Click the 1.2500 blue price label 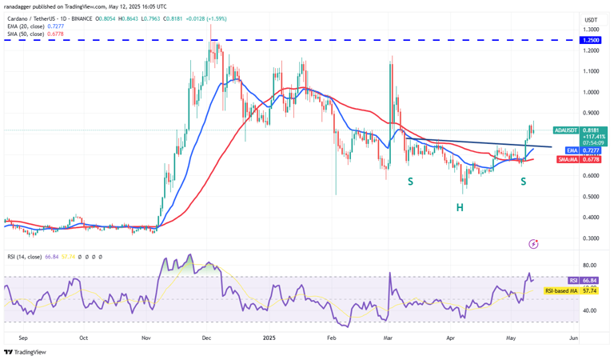[x=592, y=39]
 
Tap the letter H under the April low [x=460, y=207]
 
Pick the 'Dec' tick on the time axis [x=207, y=338]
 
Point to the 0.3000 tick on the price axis [x=591, y=238]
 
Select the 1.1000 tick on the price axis [x=591, y=71]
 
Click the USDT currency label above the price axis [x=591, y=19]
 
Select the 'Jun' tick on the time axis [x=572, y=338]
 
